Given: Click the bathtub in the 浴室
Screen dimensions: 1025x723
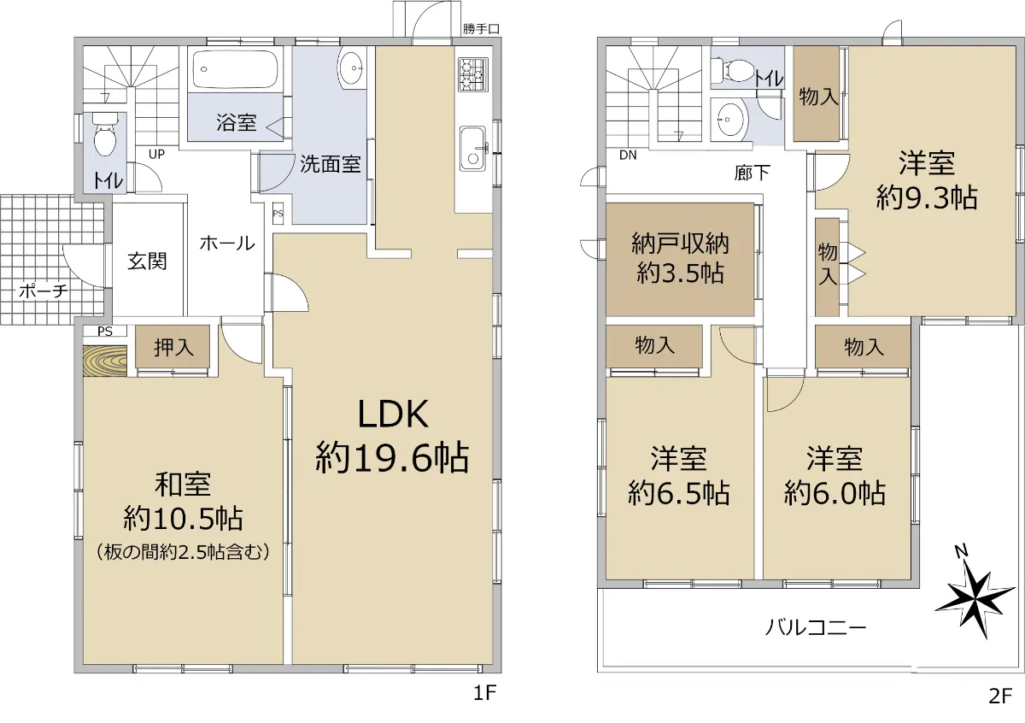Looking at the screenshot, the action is click(x=235, y=69).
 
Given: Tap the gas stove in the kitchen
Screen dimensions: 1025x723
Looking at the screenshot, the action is click(x=473, y=74).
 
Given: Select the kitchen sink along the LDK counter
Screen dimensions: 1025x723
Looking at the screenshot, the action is click(x=473, y=149).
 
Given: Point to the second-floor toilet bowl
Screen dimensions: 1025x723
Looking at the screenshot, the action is click(x=735, y=71).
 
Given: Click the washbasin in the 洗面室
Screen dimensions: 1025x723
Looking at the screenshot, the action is click(x=351, y=68).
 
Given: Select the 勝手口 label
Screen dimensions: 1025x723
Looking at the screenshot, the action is click(x=481, y=29).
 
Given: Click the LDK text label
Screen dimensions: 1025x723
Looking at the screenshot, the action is click(x=393, y=414).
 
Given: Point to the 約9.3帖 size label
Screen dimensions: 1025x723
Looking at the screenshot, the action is click(x=927, y=197).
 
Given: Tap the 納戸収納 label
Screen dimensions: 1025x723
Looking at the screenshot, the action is click(x=680, y=244).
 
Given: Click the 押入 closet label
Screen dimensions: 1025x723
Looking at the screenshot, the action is click(x=174, y=347).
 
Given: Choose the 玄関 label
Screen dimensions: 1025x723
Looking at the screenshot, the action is click(x=147, y=262).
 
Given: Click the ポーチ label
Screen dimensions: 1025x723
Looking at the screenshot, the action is click(x=44, y=291).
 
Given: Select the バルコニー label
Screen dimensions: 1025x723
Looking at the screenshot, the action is click(x=817, y=627).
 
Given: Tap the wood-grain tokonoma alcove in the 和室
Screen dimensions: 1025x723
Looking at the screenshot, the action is click(x=105, y=361).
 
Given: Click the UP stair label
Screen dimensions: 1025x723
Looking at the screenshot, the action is click(x=156, y=155).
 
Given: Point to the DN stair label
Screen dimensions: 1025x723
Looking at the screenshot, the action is click(x=628, y=156).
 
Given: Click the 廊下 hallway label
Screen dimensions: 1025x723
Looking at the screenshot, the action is click(x=752, y=173).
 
